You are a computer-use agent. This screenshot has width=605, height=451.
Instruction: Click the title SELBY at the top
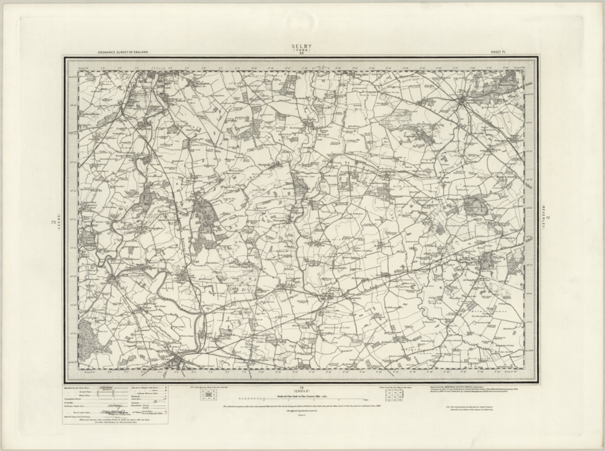pyautogui.click(x=301, y=46)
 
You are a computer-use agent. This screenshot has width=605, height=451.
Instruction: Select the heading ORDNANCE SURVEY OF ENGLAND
pyautogui.click(x=122, y=52)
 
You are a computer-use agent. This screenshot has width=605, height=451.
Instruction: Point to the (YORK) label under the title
pyautogui.click(x=301, y=50)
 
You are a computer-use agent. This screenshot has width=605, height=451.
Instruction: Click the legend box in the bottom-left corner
pyautogui.click(x=115, y=405)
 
